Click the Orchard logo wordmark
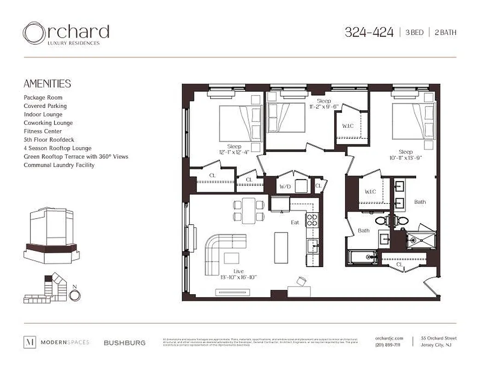[x=66, y=33]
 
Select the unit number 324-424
[x=369, y=32]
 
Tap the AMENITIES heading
[x=47, y=83]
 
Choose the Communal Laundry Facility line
[x=59, y=165]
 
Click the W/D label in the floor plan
[x=284, y=187]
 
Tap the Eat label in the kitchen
[x=295, y=222]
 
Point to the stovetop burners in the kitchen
[x=312, y=220]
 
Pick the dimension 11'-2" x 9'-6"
[x=324, y=107]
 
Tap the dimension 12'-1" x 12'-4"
[x=235, y=151]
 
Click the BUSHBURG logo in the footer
[x=124, y=343]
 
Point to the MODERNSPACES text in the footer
[x=65, y=342]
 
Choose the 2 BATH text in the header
[x=445, y=33]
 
